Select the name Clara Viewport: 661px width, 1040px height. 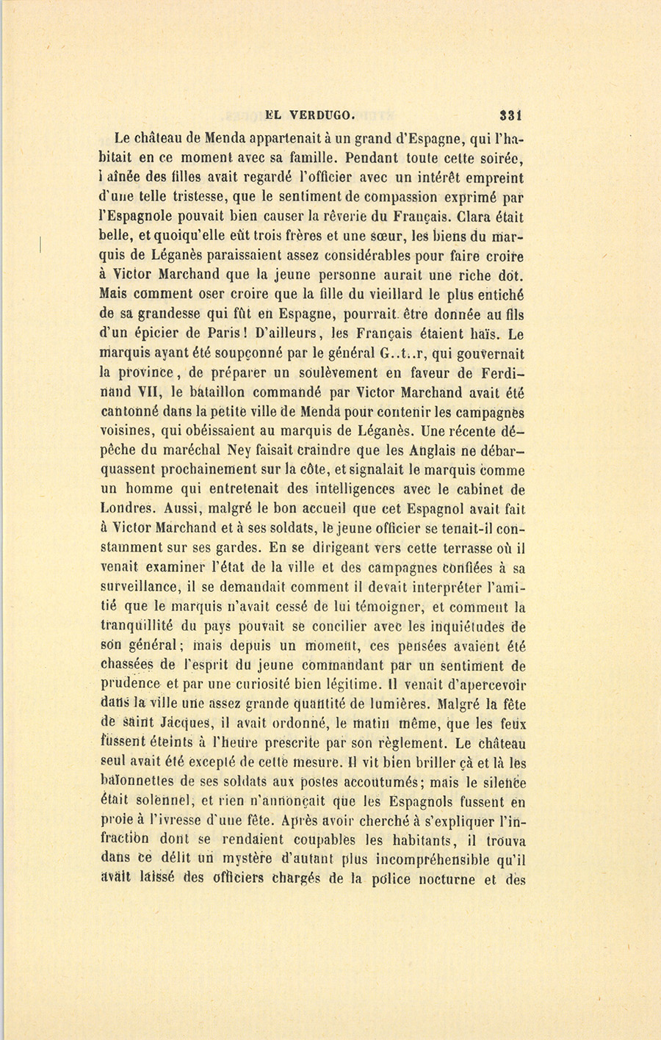pyautogui.click(x=480, y=217)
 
